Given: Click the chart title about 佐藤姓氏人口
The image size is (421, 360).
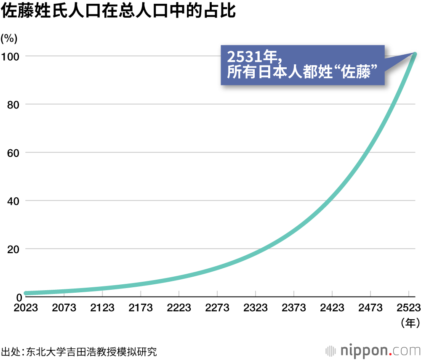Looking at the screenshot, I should (x=118, y=12).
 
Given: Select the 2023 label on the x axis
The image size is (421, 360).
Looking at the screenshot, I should (x=25, y=308).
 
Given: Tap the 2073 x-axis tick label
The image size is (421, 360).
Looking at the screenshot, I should (x=64, y=308).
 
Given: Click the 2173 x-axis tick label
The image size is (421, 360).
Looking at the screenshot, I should (x=141, y=308).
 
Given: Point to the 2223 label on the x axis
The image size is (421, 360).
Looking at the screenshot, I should (x=179, y=308).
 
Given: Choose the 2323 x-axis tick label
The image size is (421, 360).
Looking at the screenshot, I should (x=256, y=308).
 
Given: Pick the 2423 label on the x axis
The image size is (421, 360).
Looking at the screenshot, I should (x=332, y=308).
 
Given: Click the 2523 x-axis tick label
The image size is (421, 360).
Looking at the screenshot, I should (x=408, y=308).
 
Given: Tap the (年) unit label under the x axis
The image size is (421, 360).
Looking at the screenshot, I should (x=408, y=323).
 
